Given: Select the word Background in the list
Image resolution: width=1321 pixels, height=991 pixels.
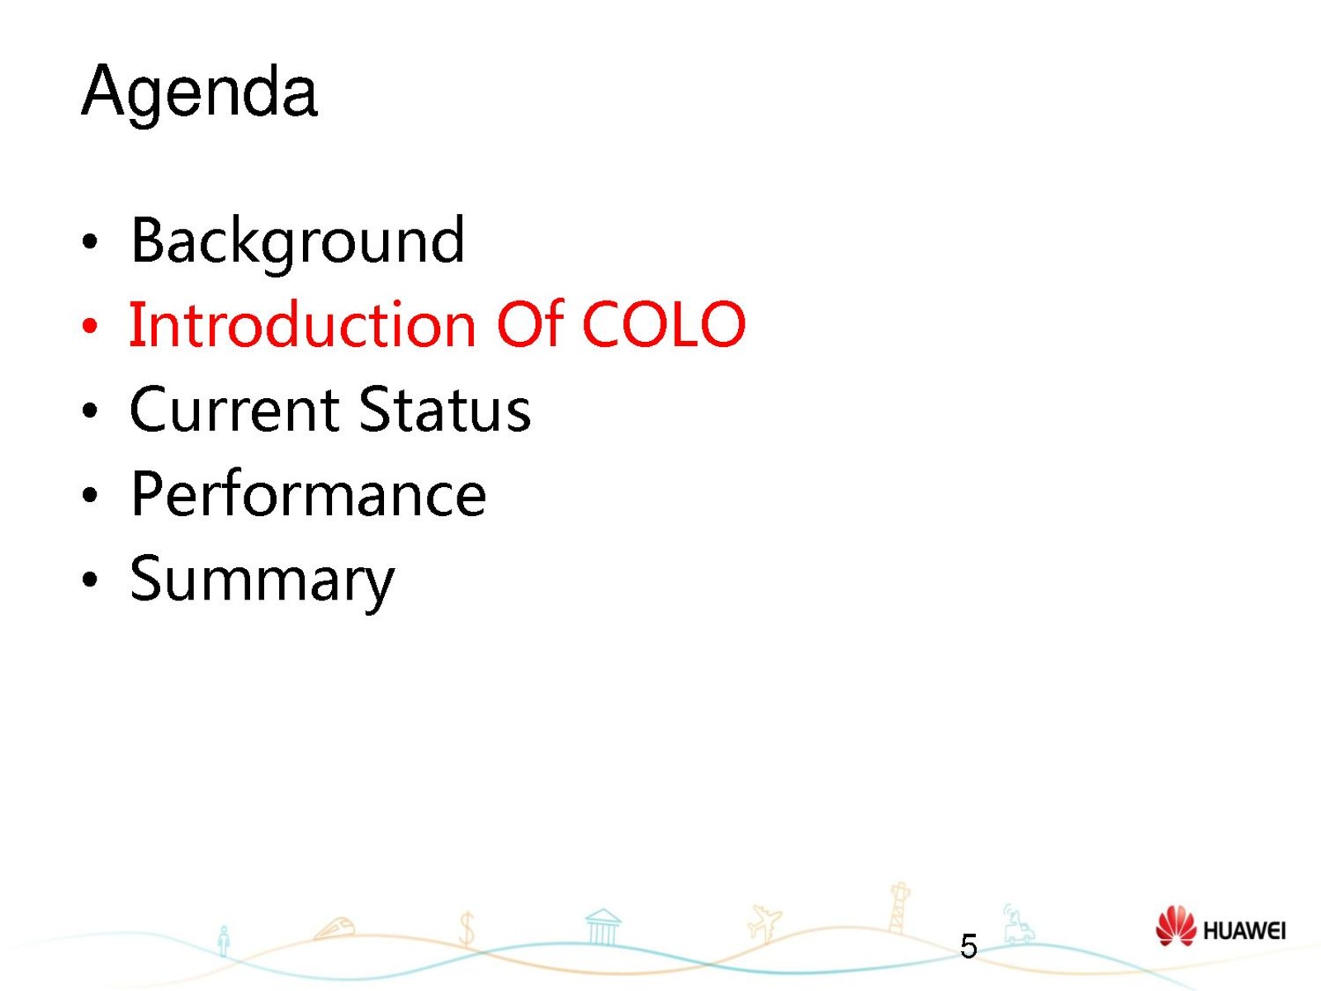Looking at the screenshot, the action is pyautogui.click(x=298, y=243).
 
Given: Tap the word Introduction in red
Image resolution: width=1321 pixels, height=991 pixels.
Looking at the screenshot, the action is pyautogui.click(x=303, y=324).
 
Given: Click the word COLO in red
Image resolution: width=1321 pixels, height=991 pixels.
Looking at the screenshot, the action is pyautogui.click(x=664, y=325).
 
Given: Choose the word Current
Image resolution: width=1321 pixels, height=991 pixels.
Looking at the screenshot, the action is pyautogui.click(x=234, y=410).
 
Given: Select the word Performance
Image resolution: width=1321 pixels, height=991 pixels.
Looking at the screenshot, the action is pyautogui.click(x=308, y=494).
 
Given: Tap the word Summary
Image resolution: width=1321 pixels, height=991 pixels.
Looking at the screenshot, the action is pyautogui.click(x=262, y=581).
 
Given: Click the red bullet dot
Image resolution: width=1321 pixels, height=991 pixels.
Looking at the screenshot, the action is pyautogui.click(x=90, y=326).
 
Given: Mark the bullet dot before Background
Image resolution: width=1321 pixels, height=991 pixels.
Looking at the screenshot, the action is pyautogui.click(x=90, y=242).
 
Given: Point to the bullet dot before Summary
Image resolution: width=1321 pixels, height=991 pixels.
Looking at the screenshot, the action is pyautogui.click(x=90, y=580).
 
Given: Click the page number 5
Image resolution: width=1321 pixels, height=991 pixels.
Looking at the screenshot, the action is pyautogui.click(x=968, y=946).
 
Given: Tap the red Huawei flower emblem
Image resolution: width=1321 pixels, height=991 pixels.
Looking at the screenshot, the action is pyautogui.click(x=1176, y=926).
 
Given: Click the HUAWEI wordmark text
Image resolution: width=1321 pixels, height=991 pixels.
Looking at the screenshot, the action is pyautogui.click(x=1244, y=932).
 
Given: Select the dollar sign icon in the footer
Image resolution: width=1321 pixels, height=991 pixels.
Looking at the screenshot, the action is pyautogui.click(x=466, y=928).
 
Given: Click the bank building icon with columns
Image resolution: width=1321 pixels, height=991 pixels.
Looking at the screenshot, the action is pyautogui.click(x=603, y=927).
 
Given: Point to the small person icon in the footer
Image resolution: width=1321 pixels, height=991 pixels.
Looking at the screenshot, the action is pyautogui.click(x=224, y=941).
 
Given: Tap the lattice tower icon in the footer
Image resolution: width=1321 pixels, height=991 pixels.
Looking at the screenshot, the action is pyautogui.click(x=899, y=908).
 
